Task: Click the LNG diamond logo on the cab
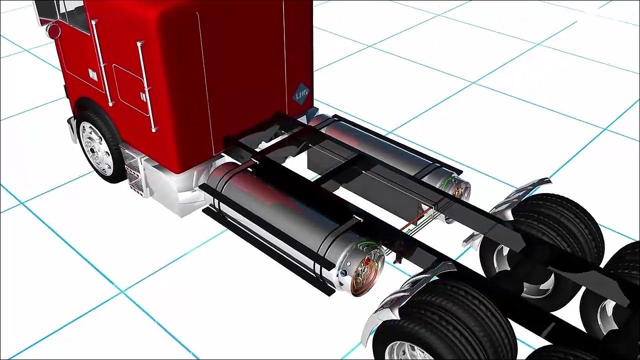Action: (301, 93)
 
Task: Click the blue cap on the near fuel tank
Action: (343, 273)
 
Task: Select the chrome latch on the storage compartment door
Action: (143, 96)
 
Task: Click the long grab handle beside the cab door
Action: (101, 63)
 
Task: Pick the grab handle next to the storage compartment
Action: (147, 86)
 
